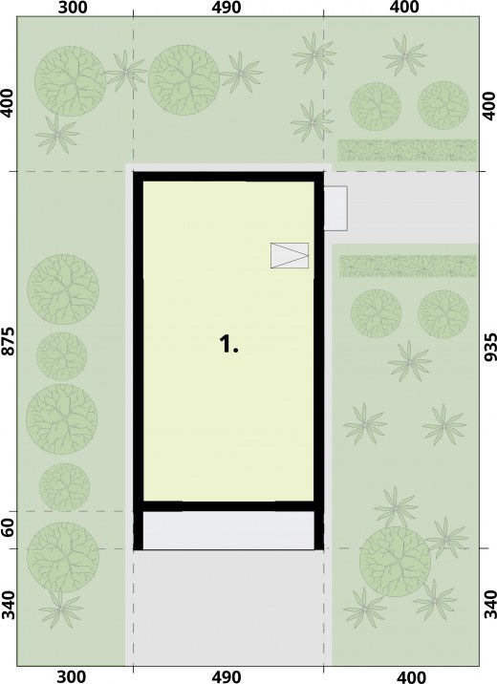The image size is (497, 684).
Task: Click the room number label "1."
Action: coord(228,344)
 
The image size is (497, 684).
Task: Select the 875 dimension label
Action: coord(10,342)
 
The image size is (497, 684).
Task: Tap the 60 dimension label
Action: coord(10,531)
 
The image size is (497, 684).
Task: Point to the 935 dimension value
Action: coord(490,347)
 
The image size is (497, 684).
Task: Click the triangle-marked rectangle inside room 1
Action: coord(290,255)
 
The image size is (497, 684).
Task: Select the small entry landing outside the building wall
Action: coord(335,208)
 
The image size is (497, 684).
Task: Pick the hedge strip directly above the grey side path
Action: coord(407,150)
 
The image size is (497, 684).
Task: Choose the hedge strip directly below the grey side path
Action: coord(408,267)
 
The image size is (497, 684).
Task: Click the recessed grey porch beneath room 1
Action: coord(228,530)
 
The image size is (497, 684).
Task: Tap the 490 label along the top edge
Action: coord(227,7)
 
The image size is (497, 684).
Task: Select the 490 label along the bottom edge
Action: coord(227,676)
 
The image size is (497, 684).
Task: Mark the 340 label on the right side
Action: coord(490,604)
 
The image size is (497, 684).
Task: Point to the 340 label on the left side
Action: coord(10,604)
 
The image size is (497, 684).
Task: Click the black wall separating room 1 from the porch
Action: coord(228,506)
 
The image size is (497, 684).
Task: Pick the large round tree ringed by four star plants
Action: coord(395,562)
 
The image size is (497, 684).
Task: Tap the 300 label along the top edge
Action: coord(72,7)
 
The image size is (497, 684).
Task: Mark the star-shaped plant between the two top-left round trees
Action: coord(125,71)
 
